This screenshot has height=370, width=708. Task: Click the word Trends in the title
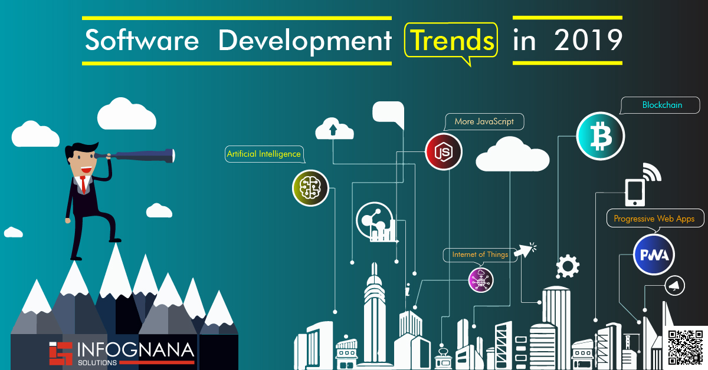(x=451, y=40)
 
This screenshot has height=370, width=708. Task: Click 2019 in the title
(x=588, y=40)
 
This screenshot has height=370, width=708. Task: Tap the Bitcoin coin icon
(x=600, y=136)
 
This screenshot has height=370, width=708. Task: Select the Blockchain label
(x=661, y=105)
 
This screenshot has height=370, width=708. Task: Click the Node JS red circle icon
(x=444, y=152)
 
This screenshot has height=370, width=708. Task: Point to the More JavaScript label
(x=484, y=122)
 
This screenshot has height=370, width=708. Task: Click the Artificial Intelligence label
(x=264, y=154)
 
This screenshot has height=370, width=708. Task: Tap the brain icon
(x=310, y=188)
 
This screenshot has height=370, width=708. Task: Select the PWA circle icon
(x=654, y=255)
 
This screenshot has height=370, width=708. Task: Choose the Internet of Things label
(x=480, y=255)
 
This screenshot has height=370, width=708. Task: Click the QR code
(x=686, y=348)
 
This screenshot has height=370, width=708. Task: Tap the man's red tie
(x=84, y=184)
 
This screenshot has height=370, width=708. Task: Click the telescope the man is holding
(x=142, y=156)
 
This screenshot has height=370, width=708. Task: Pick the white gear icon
(x=568, y=266)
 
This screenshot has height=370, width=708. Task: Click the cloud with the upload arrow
(x=333, y=129)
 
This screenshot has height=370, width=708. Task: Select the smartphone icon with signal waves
(x=635, y=191)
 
